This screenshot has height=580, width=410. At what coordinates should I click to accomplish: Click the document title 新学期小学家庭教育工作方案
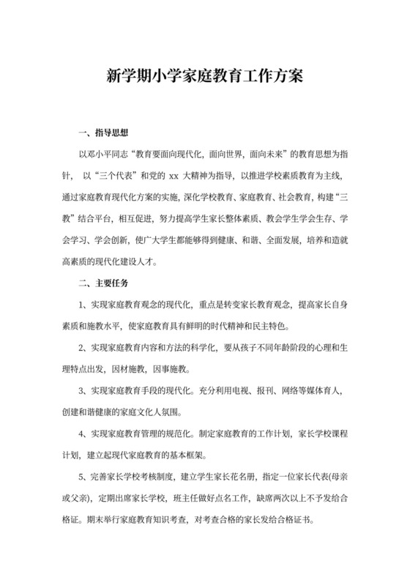point(204,76)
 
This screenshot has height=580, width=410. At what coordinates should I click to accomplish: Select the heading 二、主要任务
point(103,282)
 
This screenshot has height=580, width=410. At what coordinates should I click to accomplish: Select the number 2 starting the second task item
point(82,347)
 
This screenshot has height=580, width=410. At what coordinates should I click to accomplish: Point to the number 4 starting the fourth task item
point(82,434)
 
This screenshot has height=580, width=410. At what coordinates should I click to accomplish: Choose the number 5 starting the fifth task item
point(82,477)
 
